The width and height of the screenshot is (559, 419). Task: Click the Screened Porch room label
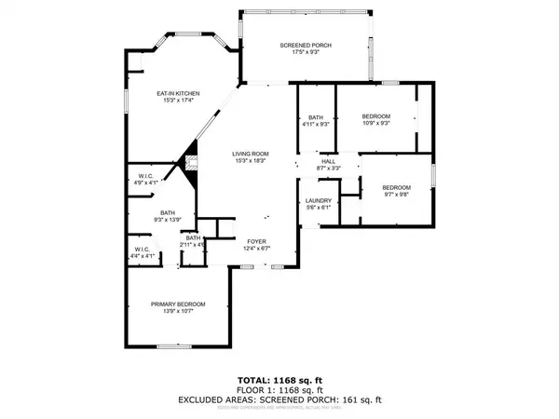coord(306,46)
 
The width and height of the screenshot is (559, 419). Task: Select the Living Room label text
coord(251,154)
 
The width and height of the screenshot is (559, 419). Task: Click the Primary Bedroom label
coord(178,304)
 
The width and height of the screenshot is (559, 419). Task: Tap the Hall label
coord(328,161)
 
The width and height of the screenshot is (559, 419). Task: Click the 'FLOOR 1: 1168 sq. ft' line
coord(279,391)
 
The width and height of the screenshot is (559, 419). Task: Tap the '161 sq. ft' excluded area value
coord(361,399)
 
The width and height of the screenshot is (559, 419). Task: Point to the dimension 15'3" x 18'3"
coord(251,161)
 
